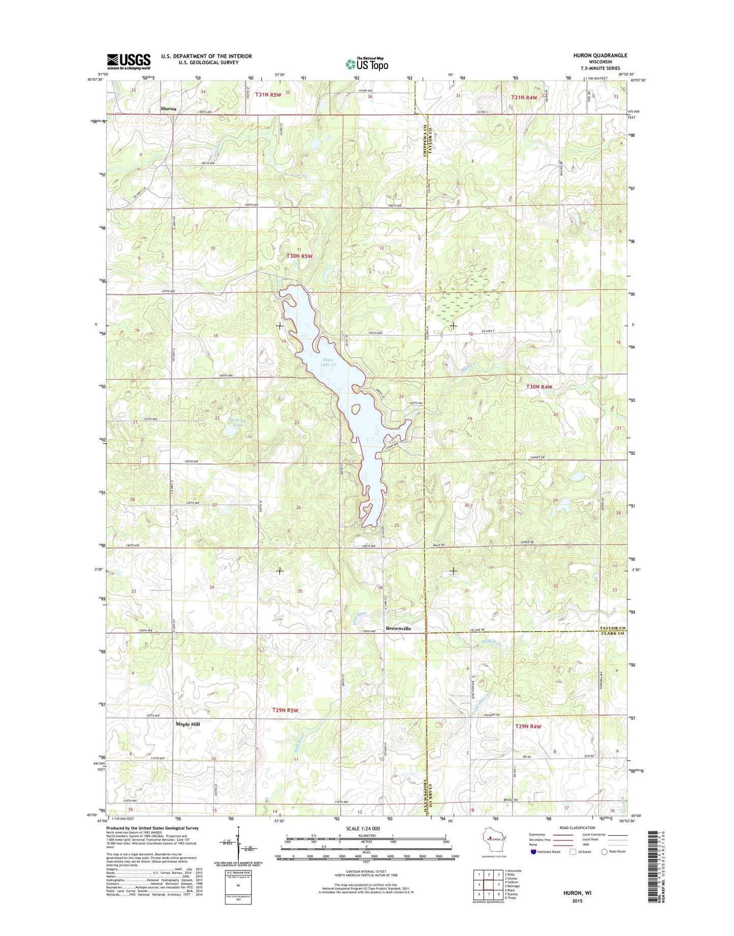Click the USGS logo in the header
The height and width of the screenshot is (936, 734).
tap(129, 61)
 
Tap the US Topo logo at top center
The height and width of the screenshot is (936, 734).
tap(367, 64)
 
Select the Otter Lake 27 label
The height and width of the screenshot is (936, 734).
tap(328, 362)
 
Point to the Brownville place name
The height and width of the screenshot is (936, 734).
tap(398, 629)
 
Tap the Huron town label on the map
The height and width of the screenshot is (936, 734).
tap(168, 109)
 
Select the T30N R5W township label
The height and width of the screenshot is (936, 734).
tap(300, 257)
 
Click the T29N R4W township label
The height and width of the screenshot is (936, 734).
tap(528, 727)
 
